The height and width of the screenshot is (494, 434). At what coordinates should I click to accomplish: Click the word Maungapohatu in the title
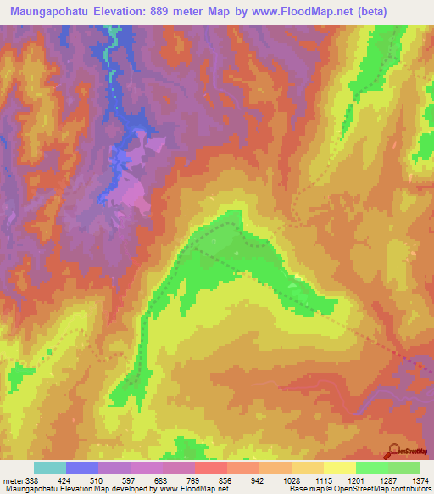tap(52, 9)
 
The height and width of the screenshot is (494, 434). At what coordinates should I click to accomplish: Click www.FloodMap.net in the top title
tap(314, 9)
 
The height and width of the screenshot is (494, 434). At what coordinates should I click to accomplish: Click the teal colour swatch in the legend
tap(50, 468)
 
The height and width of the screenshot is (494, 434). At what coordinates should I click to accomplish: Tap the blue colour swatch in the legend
tap(82, 468)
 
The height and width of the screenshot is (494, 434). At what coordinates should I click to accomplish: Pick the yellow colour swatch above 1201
tap(339, 468)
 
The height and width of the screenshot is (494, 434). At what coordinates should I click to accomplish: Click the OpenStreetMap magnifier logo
tap(395, 449)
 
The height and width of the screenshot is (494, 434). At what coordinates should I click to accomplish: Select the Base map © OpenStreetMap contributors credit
tap(359, 488)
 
